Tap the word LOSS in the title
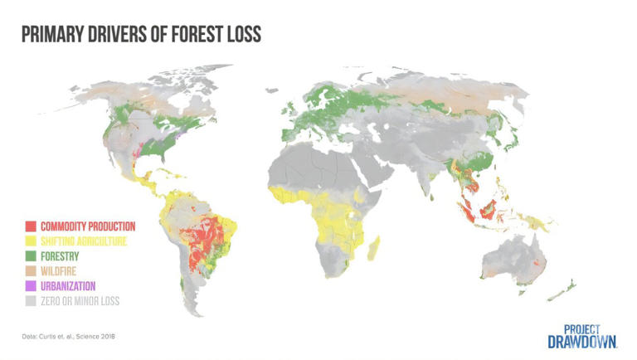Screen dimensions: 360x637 click(241, 34)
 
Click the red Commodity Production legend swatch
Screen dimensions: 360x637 click(30, 226)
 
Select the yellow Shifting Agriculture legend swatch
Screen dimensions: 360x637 click(30, 241)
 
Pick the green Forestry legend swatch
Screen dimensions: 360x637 click(30, 256)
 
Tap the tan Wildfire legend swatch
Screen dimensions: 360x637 click(30, 271)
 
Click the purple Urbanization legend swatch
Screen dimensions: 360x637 click(30, 286)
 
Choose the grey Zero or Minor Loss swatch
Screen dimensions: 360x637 click(30, 301)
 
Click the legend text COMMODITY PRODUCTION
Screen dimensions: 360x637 click(87, 226)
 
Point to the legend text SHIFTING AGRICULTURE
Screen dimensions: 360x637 click(84, 241)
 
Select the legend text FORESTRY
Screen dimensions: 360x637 click(60, 256)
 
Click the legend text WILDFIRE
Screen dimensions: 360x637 click(59, 271)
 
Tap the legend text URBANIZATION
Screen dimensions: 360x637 click(68, 286)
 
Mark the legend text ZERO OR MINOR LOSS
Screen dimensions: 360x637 click(80, 301)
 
